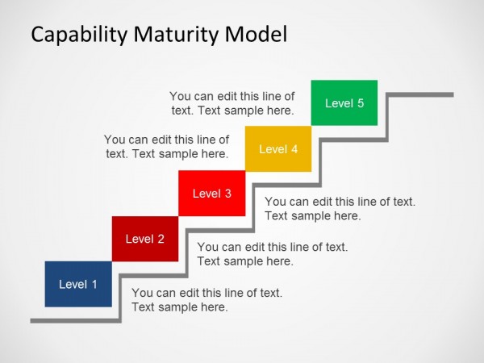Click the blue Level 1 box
pos(78,284)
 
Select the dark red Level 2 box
pos(145,239)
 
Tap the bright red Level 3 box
pos(212,194)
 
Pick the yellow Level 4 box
pos(278,148)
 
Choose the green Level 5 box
pos(344,103)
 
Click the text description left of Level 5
pos(232,103)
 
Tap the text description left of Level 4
pos(167,146)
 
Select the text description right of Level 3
pos(340,209)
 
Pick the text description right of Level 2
pos(273,254)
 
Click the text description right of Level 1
pos(207,299)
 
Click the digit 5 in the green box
pos(361,103)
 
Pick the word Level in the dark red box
pos(140,239)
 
